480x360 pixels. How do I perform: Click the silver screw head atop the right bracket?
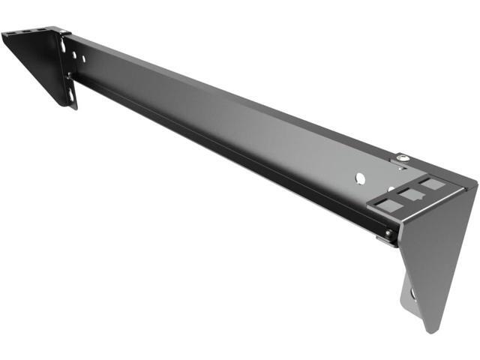click(403, 157)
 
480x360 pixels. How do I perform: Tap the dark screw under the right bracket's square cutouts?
click(387, 234)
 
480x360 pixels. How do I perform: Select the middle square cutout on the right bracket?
click(410, 194)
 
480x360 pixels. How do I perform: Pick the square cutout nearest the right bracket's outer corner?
click(431, 183)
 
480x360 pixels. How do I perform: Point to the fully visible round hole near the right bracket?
click(360, 178)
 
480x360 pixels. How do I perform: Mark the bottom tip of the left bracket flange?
click(75, 107)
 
